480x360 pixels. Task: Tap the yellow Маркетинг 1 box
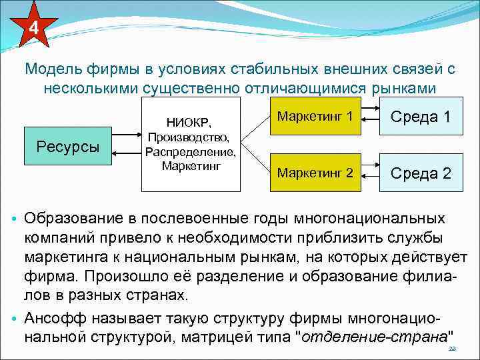click(x=315, y=117)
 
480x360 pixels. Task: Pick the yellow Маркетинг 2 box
click(x=315, y=173)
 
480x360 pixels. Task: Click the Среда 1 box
click(x=421, y=117)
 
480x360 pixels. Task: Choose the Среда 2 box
click(x=421, y=174)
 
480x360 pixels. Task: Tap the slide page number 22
click(x=451, y=349)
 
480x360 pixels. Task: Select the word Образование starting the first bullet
click(x=68, y=219)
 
